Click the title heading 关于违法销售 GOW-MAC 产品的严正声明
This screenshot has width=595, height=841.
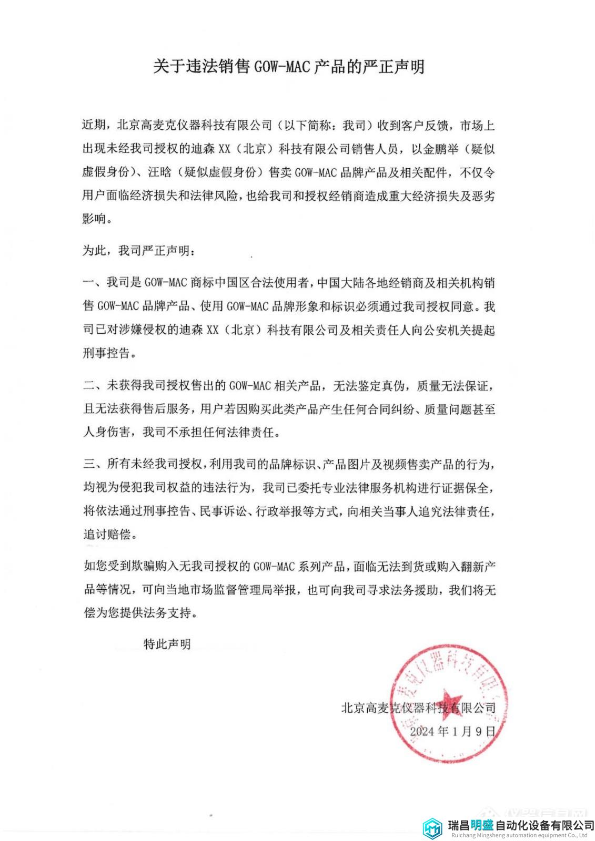point(288,67)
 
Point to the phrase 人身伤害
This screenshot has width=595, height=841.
point(107,433)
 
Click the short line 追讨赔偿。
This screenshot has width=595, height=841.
point(110,535)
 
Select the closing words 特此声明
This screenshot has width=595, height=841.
point(167,644)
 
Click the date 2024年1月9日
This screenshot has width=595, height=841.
point(452,731)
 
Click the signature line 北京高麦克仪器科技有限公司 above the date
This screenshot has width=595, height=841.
point(418,708)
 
